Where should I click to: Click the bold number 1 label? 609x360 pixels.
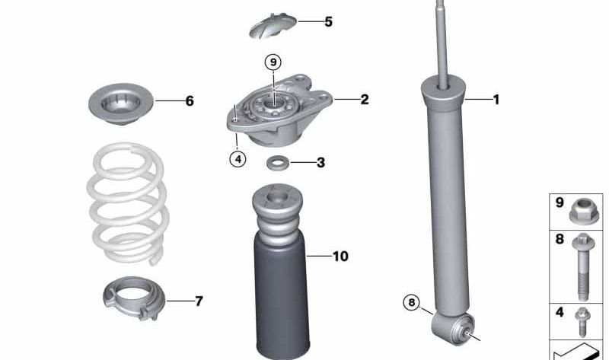coord(496,100)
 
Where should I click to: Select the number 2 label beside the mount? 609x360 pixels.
coord(365,100)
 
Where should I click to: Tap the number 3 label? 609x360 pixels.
coord(320,162)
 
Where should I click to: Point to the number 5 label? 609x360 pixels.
coord(328,22)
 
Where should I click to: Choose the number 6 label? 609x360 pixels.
coord(190,101)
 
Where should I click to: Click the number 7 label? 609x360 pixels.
coord(199,301)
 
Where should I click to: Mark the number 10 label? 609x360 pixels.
coord(340,256)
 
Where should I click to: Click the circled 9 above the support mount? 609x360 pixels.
coord(273,62)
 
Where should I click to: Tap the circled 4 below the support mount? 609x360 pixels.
coord(238,159)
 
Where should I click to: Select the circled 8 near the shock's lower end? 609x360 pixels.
coord(412,303)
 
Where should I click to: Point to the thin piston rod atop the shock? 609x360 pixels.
coord(441,38)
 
